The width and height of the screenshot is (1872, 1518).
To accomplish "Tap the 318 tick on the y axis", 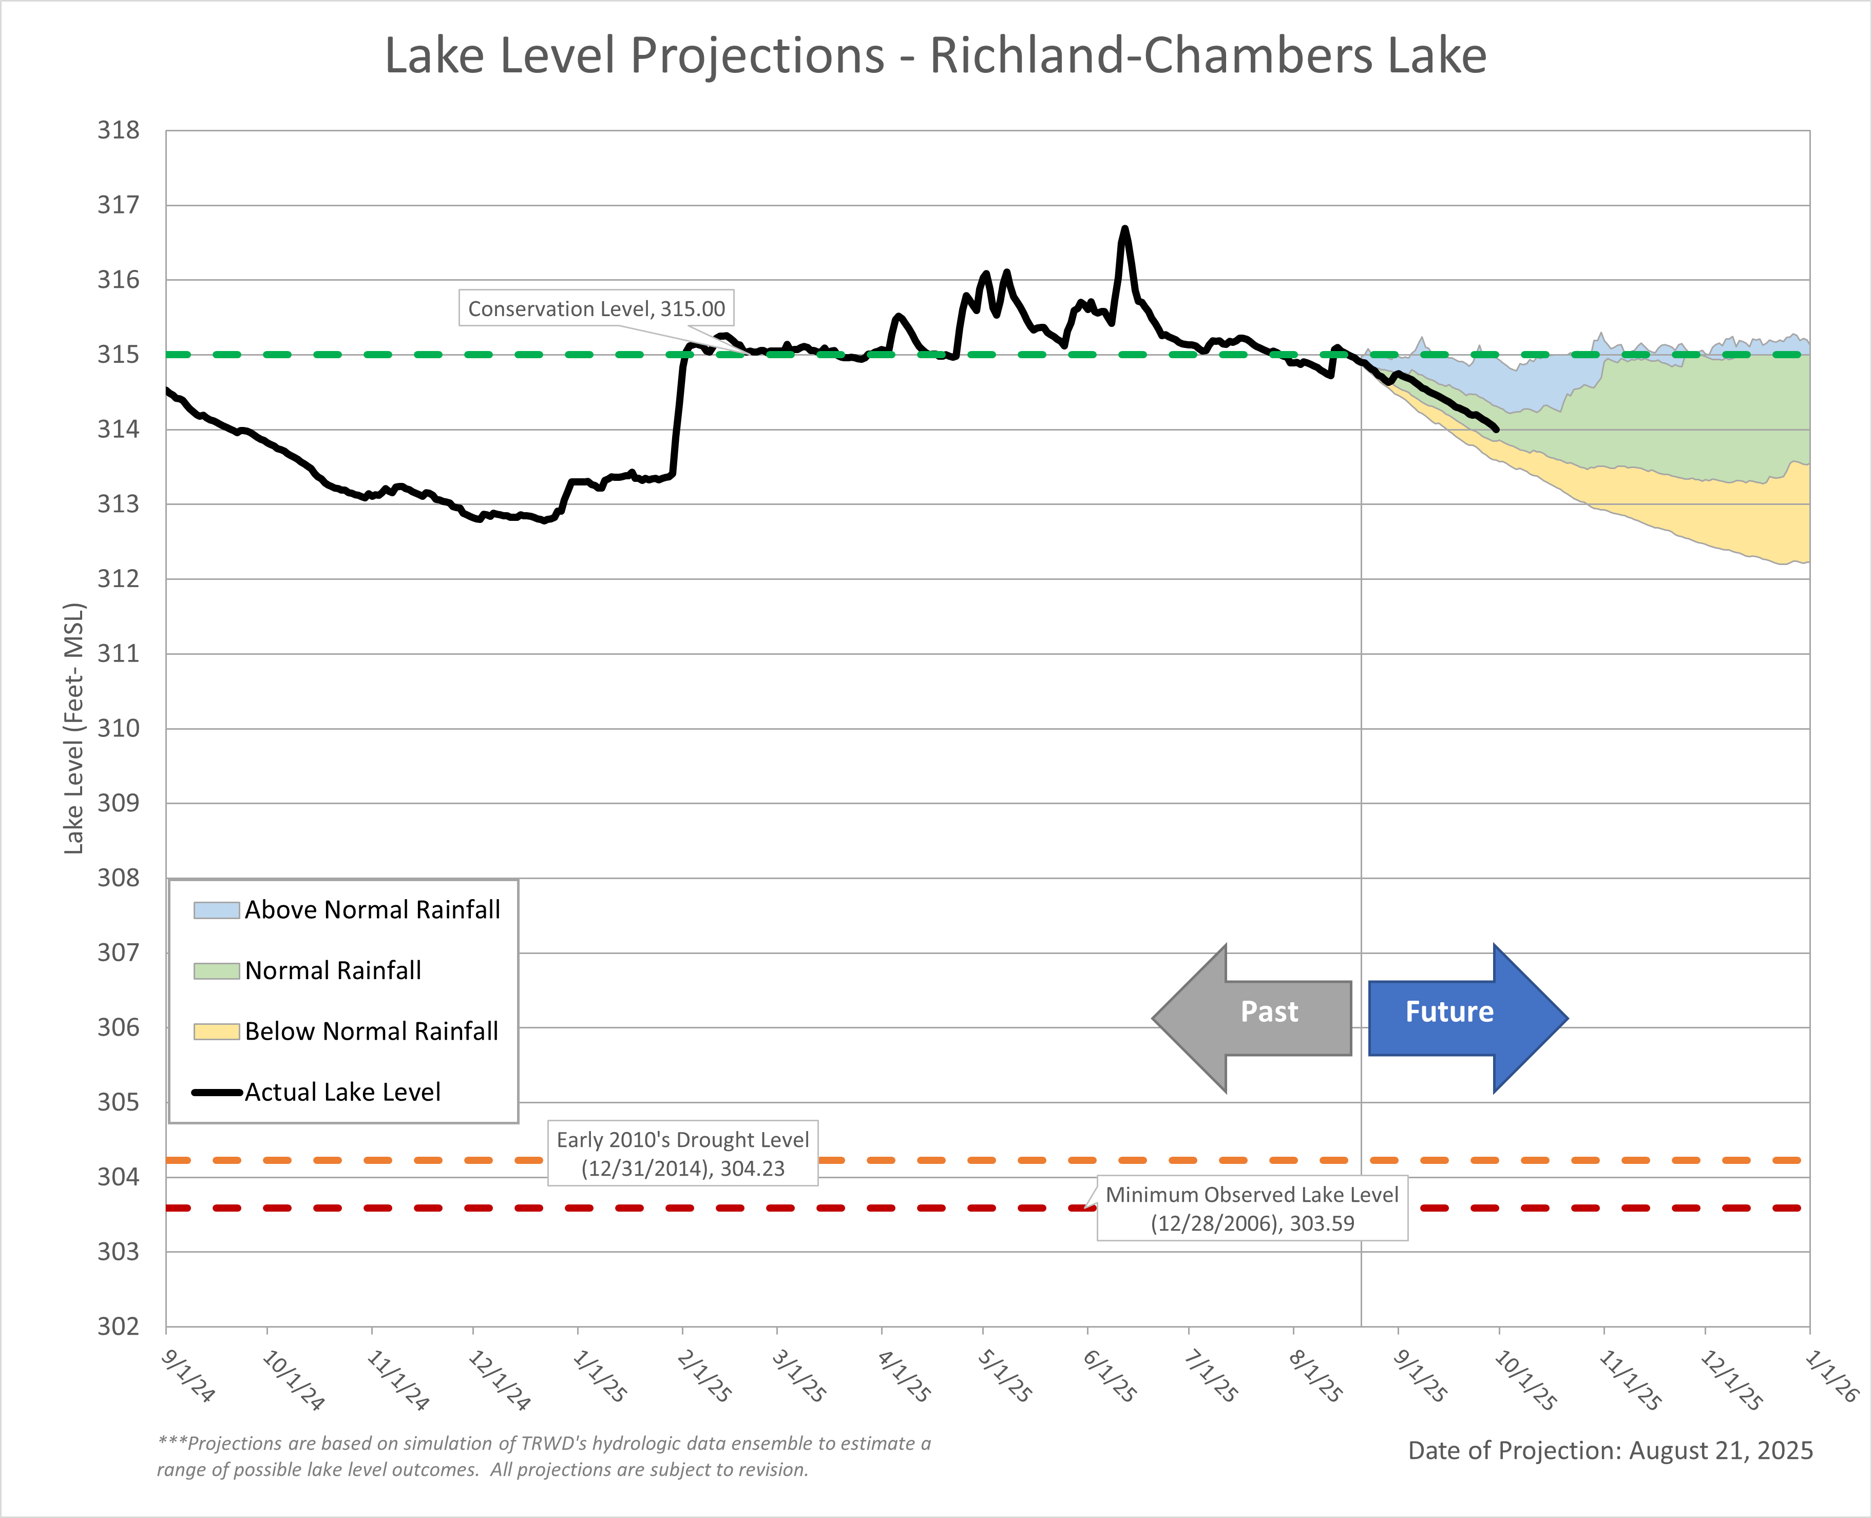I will [x=118, y=130].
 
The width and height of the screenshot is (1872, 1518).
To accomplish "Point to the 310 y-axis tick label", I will [x=118, y=728].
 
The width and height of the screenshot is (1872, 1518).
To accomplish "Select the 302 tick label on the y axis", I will [x=118, y=1327].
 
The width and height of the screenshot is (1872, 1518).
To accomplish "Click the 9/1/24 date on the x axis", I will [x=187, y=1377].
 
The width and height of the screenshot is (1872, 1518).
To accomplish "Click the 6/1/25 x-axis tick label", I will [x=1109, y=1377].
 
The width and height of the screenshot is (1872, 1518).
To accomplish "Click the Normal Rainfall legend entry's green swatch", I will [x=216, y=970].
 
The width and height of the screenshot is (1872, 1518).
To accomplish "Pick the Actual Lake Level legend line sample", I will [x=216, y=1092].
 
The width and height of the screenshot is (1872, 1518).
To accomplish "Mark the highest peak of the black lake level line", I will [x=1125, y=229].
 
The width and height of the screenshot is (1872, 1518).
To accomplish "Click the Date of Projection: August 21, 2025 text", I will [x=1610, y=1451].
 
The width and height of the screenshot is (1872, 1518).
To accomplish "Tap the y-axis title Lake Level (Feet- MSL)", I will [x=74, y=728].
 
